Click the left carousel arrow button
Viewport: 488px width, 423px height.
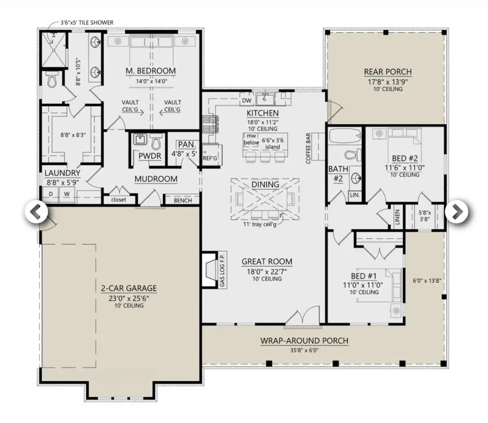point(35,212)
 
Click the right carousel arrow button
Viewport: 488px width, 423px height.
point(457,212)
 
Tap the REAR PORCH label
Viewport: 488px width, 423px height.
point(387,72)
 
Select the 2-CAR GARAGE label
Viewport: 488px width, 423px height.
point(121,288)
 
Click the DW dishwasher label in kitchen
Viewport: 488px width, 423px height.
point(246,100)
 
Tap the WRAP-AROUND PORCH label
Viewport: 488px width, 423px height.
point(304,341)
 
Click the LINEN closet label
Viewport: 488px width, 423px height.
point(397,217)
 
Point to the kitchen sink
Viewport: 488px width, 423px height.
point(266,99)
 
